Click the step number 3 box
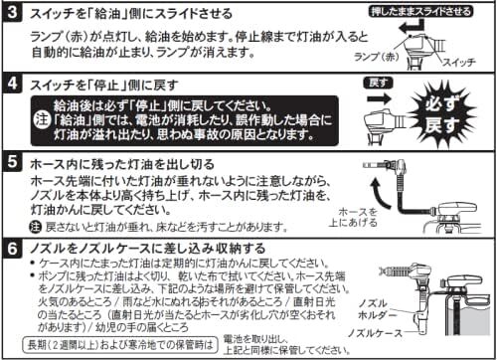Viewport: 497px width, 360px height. coord(13,15)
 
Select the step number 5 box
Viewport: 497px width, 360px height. coord(13,162)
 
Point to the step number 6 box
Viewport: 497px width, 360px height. coord(13,247)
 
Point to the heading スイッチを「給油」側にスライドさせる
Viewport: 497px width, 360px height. coord(129,14)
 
